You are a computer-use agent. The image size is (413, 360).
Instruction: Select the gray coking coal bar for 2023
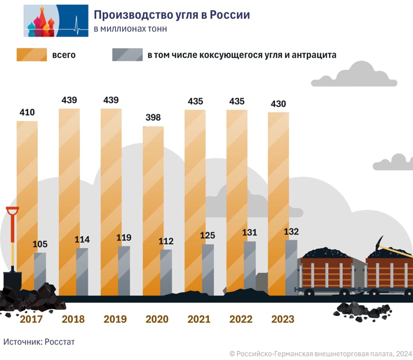(291, 266)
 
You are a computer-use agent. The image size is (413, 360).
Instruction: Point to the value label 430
(278, 104)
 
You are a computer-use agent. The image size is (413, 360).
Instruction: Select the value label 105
(40, 244)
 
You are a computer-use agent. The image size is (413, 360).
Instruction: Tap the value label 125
(208, 235)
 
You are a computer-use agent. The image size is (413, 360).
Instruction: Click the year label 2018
(73, 319)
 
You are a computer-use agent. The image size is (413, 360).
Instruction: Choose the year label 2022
(241, 319)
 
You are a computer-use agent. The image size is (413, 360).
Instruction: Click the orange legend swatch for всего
(31, 55)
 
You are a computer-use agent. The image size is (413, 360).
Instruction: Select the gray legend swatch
(127, 55)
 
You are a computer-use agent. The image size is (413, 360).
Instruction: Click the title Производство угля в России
(171, 15)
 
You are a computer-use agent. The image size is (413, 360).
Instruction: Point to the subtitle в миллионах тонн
(130, 29)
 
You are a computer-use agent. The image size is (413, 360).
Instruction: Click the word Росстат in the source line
(60, 342)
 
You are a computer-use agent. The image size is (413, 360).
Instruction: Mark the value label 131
(250, 233)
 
